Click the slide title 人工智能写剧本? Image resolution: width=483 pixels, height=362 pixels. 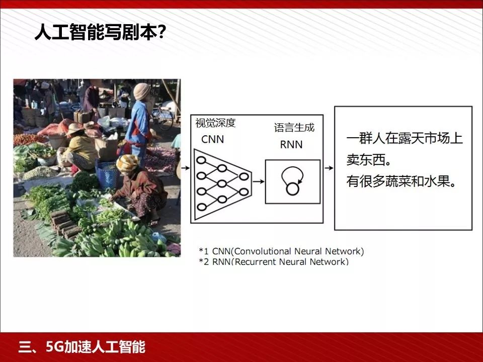click(100, 33)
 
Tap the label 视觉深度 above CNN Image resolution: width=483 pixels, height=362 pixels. click(215, 123)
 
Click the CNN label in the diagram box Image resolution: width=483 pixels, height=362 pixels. click(212, 139)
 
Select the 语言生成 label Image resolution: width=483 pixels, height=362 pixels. click(294, 128)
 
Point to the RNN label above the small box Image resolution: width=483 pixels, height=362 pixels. click(291, 144)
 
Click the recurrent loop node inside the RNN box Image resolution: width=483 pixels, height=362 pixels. click(292, 189)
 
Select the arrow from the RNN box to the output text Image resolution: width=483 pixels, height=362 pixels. click(328, 168)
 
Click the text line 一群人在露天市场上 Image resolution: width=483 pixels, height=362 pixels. click(404, 138)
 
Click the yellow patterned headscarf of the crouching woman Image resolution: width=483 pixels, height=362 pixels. click(128, 162)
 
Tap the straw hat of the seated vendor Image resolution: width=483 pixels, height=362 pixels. click(75, 129)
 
